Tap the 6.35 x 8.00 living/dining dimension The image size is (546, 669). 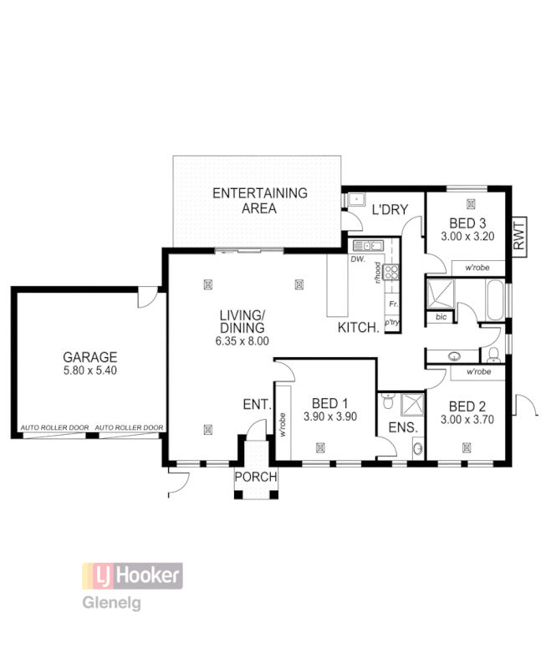242,341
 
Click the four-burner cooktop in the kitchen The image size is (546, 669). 391,271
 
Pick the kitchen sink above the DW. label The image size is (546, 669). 368,246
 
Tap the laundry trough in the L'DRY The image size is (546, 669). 355,199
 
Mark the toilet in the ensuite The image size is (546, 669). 386,404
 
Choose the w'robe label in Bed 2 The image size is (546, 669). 478,370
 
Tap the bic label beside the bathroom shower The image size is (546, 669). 441,318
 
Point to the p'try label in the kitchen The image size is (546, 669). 390,322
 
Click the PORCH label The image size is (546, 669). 255,477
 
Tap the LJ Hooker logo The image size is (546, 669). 131,575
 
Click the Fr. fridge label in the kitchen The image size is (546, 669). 391,305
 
